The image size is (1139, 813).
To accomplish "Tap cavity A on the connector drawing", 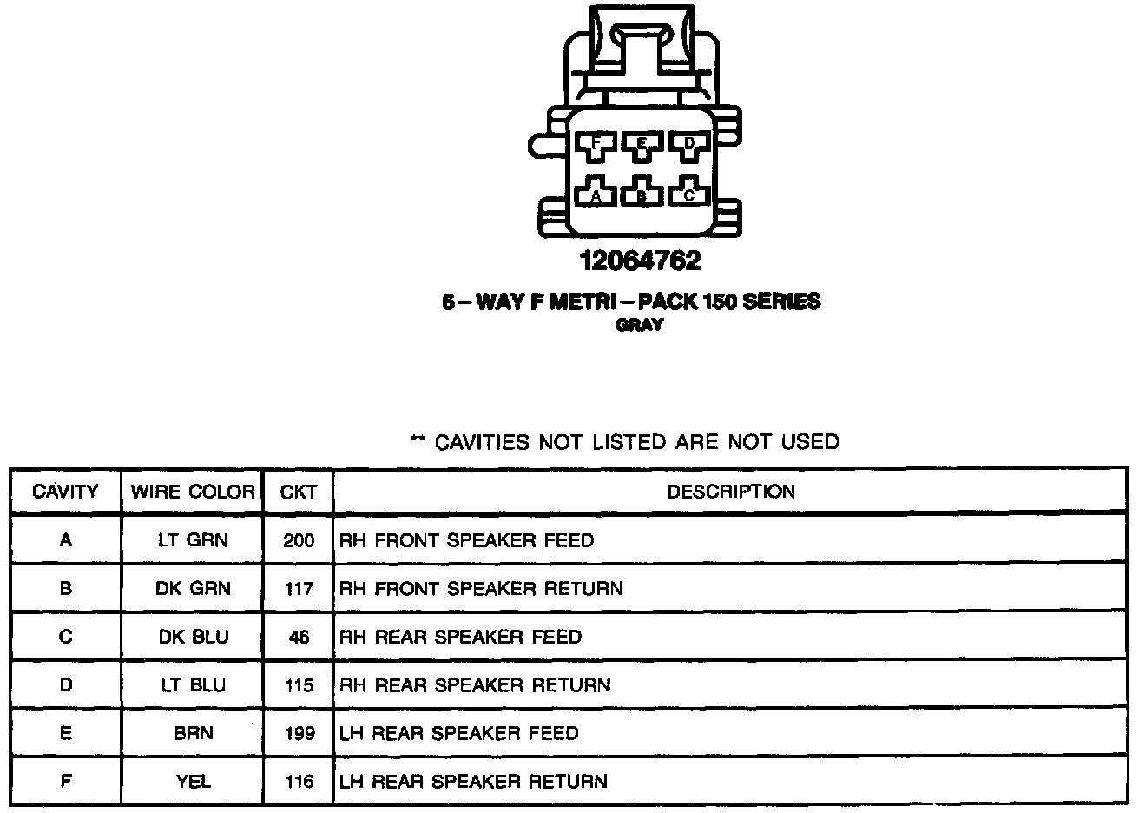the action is tap(596, 193).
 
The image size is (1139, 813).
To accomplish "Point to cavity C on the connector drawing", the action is tap(689, 193).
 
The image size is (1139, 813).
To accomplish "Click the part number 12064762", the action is tap(641, 260).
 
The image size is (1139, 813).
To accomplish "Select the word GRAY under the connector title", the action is tap(640, 325).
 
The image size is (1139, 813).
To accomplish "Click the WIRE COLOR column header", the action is tap(193, 492).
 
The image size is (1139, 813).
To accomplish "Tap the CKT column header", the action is tap(299, 492).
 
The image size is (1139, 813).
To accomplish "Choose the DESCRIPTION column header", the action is tap(731, 492).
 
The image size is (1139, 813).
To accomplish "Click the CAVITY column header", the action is tap(65, 492).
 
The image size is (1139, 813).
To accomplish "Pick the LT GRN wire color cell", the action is tap(193, 540).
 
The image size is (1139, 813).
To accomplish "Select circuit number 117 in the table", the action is tap(299, 589).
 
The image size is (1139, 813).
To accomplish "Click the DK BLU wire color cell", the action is tap(193, 637).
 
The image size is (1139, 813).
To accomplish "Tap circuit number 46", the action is tap(299, 637).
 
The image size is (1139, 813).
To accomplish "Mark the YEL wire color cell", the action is tap(193, 781).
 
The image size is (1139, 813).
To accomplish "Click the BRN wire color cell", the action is tap(193, 733).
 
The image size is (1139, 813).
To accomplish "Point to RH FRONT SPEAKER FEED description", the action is tap(466, 540).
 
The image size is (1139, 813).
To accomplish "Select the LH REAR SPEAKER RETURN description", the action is tap(473, 781).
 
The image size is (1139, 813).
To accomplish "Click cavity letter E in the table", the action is tap(65, 733).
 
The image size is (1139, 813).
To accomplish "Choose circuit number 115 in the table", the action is tap(299, 685).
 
